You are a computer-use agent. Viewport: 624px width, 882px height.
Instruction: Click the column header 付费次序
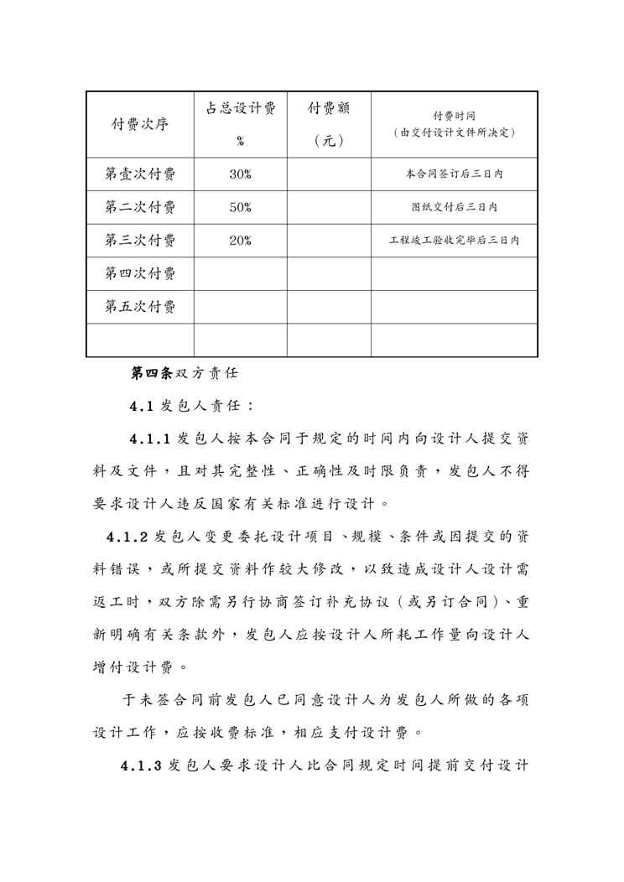click(140, 124)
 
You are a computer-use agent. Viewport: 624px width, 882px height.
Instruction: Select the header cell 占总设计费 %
click(241, 124)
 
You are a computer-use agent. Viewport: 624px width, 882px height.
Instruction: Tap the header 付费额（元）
click(329, 124)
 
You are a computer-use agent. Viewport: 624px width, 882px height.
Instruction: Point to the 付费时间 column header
click(454, 124)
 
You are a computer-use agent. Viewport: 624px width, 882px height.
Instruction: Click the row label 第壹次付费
click(140, 174)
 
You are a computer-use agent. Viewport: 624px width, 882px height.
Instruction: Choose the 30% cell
click(241, 174)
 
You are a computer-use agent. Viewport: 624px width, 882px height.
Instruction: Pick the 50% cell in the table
click(241, 207)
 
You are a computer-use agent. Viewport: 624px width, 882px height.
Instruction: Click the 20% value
click(241, 241)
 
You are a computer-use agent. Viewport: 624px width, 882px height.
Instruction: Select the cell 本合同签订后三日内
click(454, 174)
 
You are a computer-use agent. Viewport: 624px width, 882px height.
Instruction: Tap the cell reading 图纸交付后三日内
click(454, 207)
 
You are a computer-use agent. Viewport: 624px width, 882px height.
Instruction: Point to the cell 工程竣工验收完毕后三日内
click(454, 241)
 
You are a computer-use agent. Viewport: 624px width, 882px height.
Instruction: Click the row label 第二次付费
click(140, 207)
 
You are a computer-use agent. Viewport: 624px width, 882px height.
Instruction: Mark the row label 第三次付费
click(140, 241)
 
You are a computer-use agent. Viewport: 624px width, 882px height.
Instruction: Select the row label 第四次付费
click(140, 273)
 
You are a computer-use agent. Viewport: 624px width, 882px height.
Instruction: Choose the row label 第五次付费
click(140, 307)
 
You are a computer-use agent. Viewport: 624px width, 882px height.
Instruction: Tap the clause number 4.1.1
click(150, 439)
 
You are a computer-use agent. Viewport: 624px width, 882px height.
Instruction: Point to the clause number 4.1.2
click(127, 537)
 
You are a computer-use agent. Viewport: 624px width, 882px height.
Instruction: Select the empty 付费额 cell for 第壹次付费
click(329, 174)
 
